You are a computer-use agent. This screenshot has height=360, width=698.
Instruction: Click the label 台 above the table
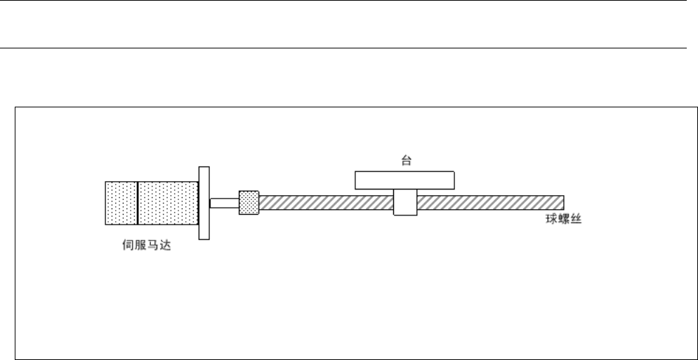point(406,161)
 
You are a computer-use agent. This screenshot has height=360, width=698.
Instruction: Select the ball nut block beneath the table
point(405,203)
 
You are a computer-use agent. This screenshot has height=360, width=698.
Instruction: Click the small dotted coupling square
point(249,203)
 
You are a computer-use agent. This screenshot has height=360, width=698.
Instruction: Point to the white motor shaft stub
point(224,203)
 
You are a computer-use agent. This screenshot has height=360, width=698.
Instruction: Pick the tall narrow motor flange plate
point(204,204)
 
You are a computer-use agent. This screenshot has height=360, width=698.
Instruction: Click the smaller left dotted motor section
point(121,203)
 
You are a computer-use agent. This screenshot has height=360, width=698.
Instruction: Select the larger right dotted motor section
point(169,203)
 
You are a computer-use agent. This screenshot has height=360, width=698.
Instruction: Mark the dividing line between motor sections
point(138,203)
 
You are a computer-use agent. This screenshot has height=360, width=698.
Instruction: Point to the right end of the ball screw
point(562,203)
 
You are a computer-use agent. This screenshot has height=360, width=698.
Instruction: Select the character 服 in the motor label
point(140,246)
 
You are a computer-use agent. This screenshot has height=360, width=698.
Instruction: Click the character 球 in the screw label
point(539,220)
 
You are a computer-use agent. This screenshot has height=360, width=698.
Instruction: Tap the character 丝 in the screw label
point(567,220)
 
